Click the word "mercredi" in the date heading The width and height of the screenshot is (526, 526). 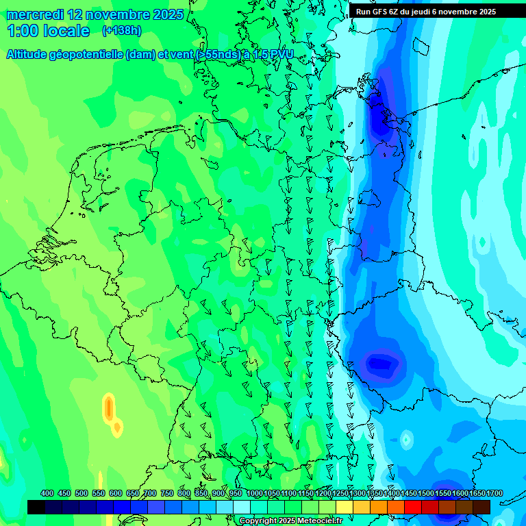(x=35, y=14)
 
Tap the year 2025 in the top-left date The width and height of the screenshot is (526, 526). (x=164, y=14)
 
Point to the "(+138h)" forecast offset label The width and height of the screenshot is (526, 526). (x=121, y=31)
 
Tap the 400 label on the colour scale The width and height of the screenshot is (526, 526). (x=47, y=494)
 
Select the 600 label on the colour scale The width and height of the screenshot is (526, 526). (x=116, y=494)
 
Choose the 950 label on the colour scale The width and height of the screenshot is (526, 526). (x=236, y=494)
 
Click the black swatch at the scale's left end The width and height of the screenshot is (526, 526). (x=36, y=507)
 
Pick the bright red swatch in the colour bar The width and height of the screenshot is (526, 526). (x=413, y=507)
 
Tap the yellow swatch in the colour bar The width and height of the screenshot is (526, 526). (x=345, y=507)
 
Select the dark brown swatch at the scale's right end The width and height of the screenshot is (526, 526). (x=481, y=507)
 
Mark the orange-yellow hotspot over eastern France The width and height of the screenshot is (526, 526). (x=109, y=408)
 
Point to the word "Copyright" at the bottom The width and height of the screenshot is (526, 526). (x=258, y=521)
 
